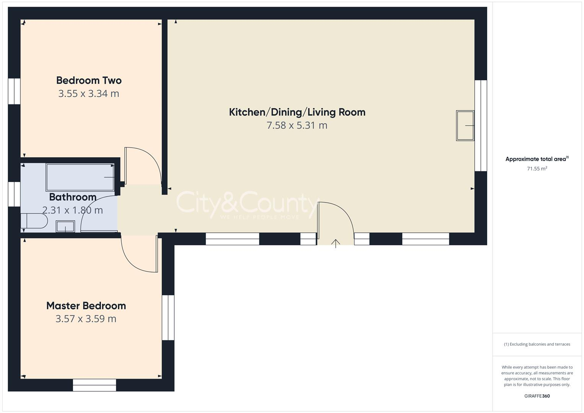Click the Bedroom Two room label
click(x=89, y=80)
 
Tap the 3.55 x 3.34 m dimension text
click(x=89, y=94)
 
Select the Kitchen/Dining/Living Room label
click(x=297, y=112)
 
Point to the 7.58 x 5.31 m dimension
click(x=297, y=125)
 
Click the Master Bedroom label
click(x=86, y=306)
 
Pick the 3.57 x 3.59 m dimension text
click(x=86, y=319)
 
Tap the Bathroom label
click(x=73, y=197)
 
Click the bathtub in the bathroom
click(x=80, y=177)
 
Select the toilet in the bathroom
click(x=34, y=221)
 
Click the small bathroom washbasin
click(x=66, y=226)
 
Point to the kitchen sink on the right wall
click(x=465, y=125)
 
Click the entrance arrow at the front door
click(x=335, y=243)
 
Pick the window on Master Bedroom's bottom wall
click(x=94, y=385)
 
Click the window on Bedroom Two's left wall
click(x=14, y=91)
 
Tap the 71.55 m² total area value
click(x=537, y=169)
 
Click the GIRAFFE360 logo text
click(x=537, y=396)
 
